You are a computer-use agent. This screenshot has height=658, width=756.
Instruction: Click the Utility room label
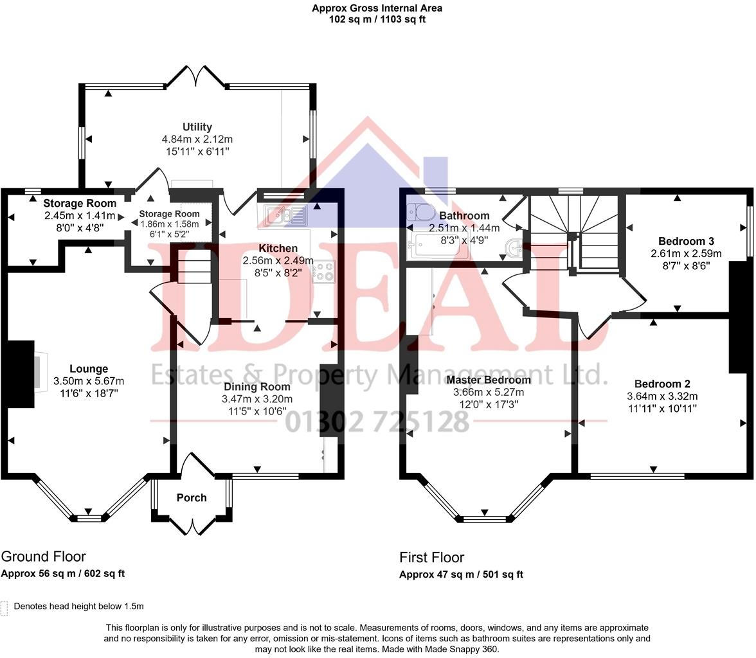tap(197, 127)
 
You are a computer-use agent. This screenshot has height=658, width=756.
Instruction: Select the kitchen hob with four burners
tap(322, 272)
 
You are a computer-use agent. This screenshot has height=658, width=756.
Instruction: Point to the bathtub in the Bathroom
tap(437, 246)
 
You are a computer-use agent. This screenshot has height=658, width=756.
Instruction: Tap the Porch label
tap(192, 497)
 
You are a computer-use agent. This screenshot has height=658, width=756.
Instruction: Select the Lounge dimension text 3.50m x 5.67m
tap(89, 380)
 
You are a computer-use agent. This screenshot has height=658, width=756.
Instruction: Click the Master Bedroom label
tap(489, 380)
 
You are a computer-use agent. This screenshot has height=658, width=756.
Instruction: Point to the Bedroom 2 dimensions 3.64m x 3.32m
tap(662, 396)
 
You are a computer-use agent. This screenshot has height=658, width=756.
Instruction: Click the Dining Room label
tap(256, 387)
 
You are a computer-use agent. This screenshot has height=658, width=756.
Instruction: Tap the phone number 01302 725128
tap(377, 422)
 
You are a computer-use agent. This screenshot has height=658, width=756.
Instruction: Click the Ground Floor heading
tap(43, 556)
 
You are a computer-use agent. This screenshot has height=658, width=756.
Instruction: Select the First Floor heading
tap(431, 557)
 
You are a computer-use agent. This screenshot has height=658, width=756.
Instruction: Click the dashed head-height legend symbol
tap(4, 608)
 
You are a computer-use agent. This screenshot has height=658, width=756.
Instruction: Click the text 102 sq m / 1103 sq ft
tap(377, 19)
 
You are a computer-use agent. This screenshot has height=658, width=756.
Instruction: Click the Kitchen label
tap(278, 248)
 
